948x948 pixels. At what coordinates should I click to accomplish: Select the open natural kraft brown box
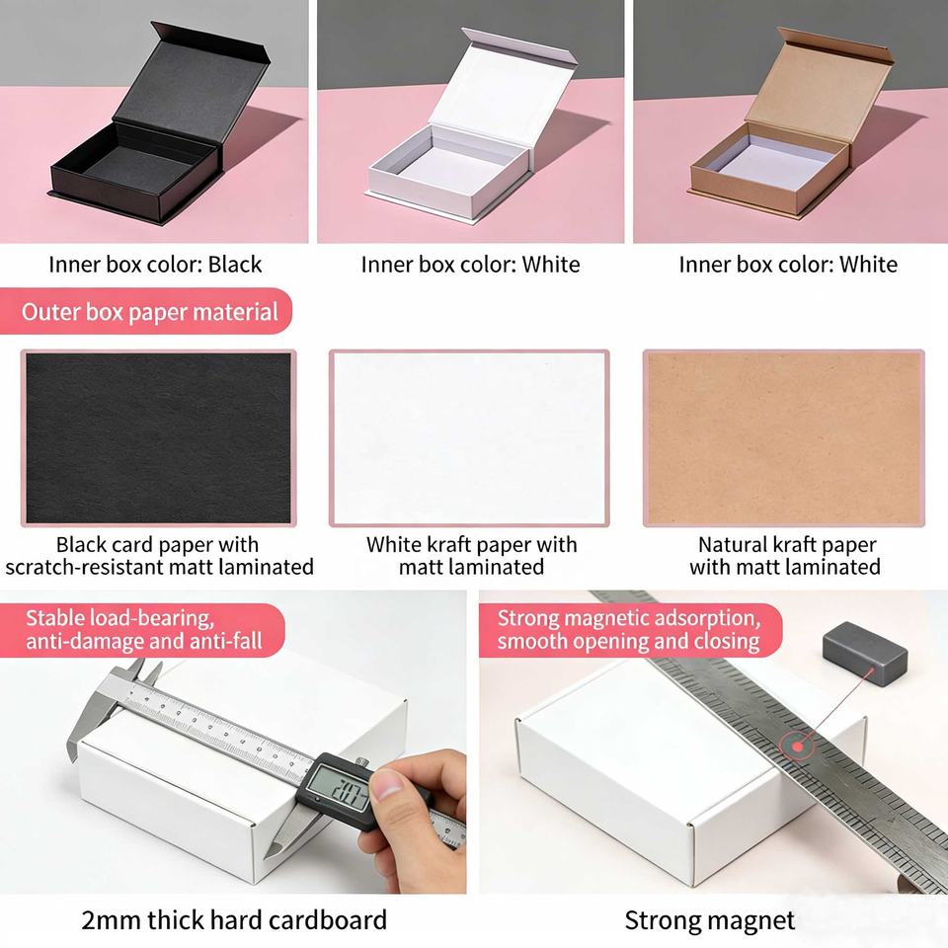(792, 130)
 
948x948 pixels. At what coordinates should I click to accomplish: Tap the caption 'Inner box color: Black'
(155, 265)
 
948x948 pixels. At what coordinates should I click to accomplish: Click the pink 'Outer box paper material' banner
(146, 311)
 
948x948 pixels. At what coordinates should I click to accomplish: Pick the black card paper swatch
(158, 438)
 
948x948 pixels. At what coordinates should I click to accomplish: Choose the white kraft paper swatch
(469, 438)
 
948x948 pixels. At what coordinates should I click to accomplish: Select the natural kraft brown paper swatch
(783, 438)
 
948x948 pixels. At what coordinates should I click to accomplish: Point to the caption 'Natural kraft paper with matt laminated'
(785, 556)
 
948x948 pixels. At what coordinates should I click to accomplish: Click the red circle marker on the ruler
(798, 747)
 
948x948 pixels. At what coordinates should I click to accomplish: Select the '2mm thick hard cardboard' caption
(234, 920)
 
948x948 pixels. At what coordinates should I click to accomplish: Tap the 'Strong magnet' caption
(710, 920)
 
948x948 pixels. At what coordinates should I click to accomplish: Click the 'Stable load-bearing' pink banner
(142, 630)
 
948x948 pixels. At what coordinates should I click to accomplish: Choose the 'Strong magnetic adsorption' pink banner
(630, 630)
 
